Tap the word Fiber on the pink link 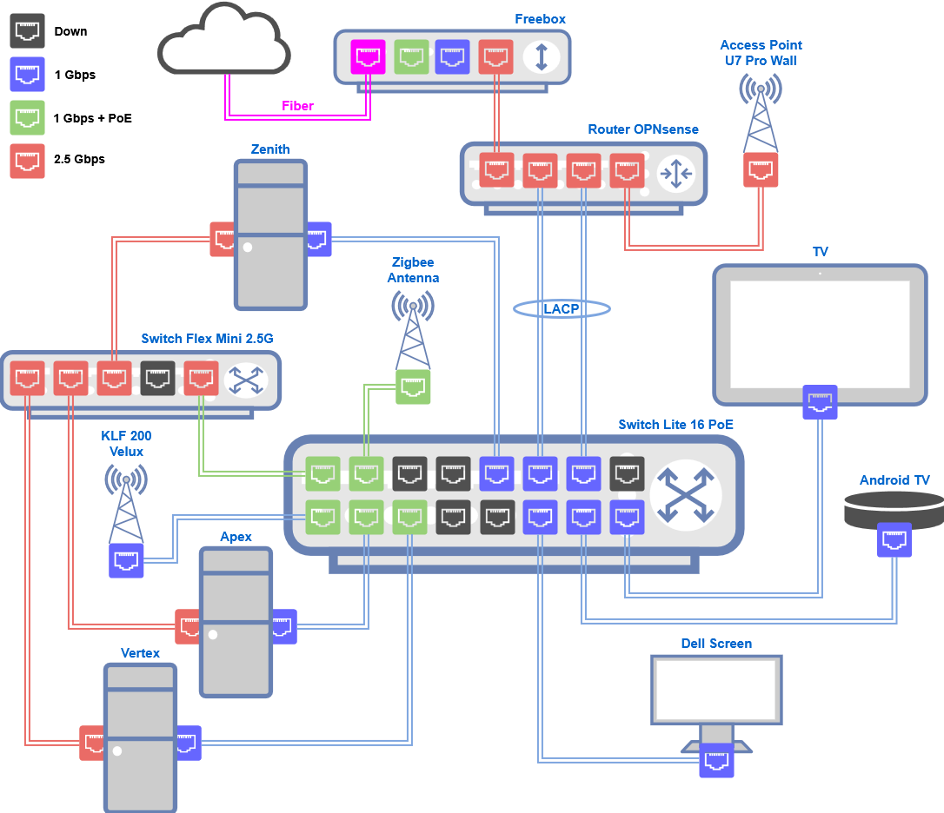(x=297, y=106)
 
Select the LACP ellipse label (x=562, y=308)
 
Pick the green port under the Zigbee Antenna (x=413, y=387)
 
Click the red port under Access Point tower (x=761, y=170)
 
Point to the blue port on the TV (x=820, y=402)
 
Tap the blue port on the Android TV (x=894, y=539)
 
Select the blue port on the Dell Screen (x=716, y=761)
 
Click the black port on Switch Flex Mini (x=157, y=379)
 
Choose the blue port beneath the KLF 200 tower (x=126, y=560)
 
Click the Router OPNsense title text (x=643, y=129)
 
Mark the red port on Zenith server (x=223, y=239)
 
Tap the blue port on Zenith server (x=317, y=239)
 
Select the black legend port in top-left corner (x=27, y=30)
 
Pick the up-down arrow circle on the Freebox (x=541, y=57)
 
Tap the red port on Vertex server (x=92, y=743)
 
